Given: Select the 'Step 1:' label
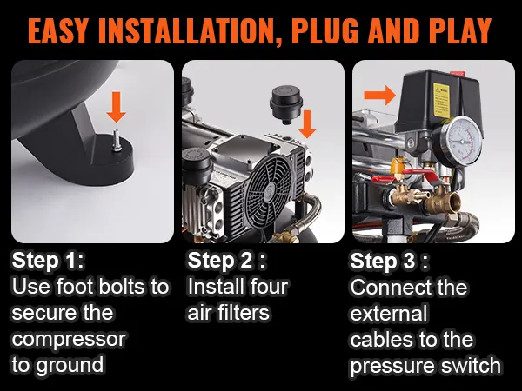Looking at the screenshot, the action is click(x=48, y=261).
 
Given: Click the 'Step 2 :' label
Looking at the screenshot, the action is click(x=227, y=261).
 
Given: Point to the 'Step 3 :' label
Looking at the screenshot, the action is click(x=390, y=261).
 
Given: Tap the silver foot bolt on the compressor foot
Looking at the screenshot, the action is click(x=117, y=141).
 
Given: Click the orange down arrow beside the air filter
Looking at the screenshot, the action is click(x=307, y=123).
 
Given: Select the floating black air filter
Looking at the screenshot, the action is click(x=285, y=104).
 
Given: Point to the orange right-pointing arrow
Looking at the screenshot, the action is click(x=380, y=95).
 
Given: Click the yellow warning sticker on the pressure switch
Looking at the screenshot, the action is click(x=441, y=100).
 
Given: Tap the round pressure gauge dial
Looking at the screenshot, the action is click(x=461, y=140).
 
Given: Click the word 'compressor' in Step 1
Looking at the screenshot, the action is click(x=69, y=339).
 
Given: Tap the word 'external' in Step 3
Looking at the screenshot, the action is click(x=389, y=313).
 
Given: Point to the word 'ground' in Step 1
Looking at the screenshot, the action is click(x=70, y=365).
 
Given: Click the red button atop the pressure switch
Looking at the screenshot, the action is click(x=457, y=73).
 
